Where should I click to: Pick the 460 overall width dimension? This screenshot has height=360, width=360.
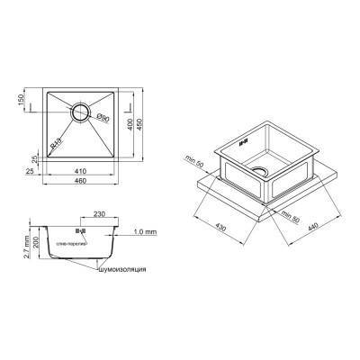click(x=81, y=183)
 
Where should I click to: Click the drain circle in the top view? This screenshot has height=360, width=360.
click(x=81, y=114)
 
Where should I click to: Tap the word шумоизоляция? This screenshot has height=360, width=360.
click(x=121, y=269)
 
